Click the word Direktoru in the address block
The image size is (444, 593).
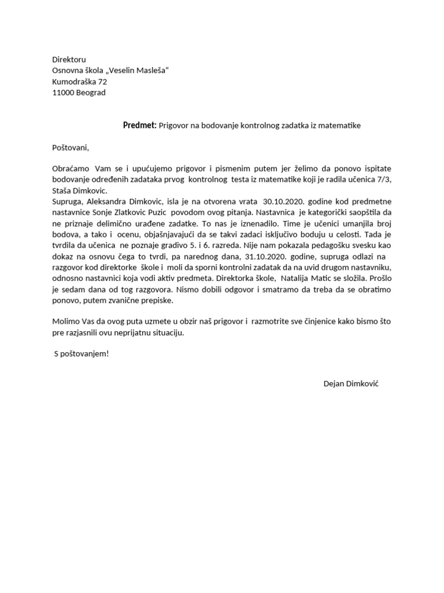coord(69,60)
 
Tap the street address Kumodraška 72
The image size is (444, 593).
coord(79,82)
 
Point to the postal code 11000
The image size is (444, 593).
coord(63,93)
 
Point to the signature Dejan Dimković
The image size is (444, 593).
coord(351,385)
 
